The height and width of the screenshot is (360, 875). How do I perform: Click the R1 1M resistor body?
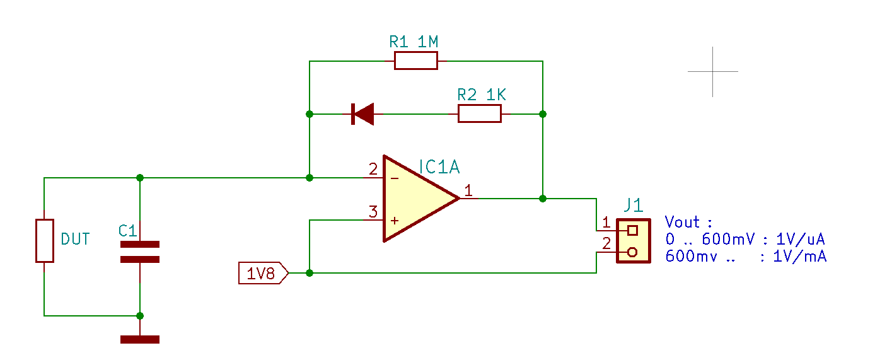tap(416, 61)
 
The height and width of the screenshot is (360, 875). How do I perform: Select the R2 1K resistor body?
tap(480, 113)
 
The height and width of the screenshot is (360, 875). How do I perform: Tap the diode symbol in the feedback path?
tap(362, 114)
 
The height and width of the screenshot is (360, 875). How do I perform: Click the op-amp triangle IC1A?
tap(421, 199)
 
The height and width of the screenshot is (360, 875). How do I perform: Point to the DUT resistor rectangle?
tap(45, 241)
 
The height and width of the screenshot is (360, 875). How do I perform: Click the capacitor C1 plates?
tap(140, 252)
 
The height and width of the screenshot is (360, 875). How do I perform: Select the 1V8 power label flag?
tap(264, 273)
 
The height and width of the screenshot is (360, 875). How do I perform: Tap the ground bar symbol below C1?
tap(140, 339)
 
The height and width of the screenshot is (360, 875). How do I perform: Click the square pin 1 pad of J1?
tap(633, 231)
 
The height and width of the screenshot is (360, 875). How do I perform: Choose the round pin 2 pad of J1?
tap(632, 252)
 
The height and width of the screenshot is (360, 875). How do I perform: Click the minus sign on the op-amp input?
tap(395, 178)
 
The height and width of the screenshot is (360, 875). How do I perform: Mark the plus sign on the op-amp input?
tap(395, 221)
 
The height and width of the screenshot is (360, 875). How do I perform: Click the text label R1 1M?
tap(414, 42)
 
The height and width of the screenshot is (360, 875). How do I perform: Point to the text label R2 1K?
tap(482, 95)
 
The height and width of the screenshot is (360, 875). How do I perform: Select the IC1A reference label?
tap(439, 167)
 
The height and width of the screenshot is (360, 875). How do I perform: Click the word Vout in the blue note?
tap(682, 222)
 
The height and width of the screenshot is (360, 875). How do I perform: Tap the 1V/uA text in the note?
tap(801, 239)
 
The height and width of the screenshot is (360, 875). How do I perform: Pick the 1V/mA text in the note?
tap(799, 257)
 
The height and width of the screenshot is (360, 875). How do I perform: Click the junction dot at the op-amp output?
tap(543, 199)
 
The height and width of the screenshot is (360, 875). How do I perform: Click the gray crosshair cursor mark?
tap(712, 71)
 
